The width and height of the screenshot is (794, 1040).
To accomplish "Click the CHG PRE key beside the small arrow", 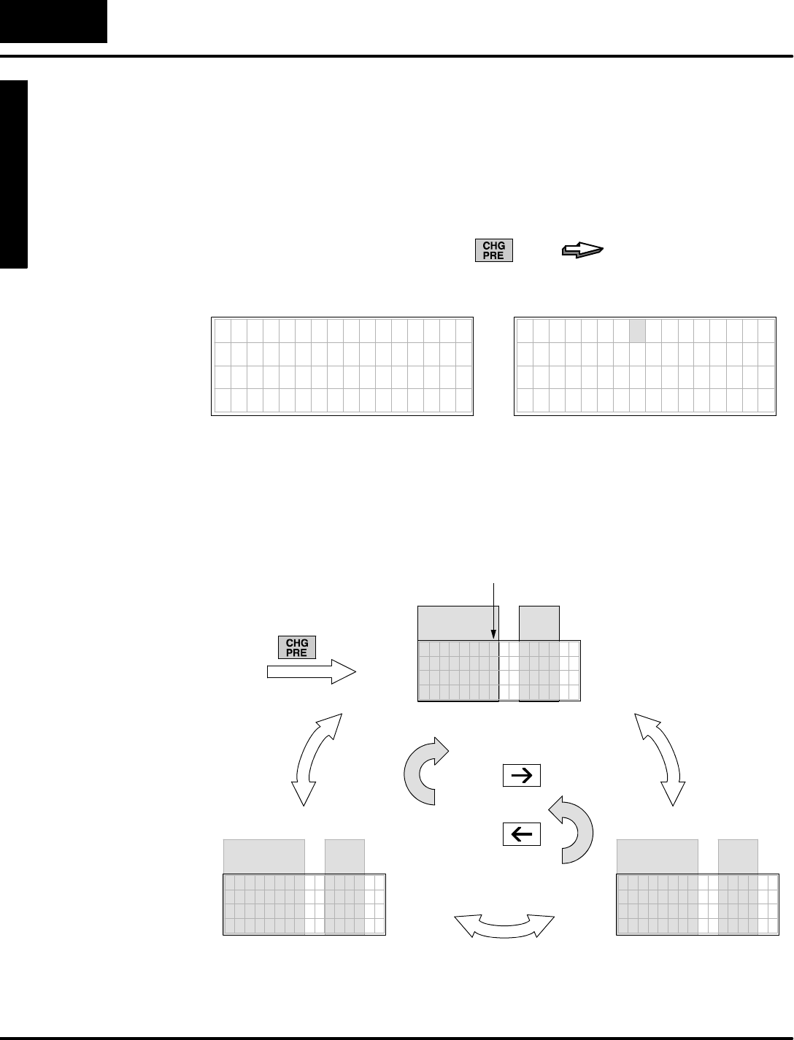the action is pos(494,250).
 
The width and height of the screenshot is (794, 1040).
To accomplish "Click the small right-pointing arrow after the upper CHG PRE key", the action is pos(583,251).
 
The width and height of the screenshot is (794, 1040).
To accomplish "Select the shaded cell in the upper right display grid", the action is pos(637,331).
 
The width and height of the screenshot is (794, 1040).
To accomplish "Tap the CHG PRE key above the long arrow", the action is pos(297,647).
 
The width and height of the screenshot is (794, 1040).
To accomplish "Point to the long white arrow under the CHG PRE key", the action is pos(311,672).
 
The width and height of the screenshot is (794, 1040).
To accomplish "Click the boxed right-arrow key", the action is pos(522,776).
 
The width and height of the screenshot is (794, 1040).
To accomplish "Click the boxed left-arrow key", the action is pos(522,833).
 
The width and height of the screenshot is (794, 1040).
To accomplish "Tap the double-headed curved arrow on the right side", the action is pos(660,759).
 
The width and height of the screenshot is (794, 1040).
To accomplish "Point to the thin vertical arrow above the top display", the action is pos(495,613).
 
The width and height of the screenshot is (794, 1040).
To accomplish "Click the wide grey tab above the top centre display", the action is pos(458,623).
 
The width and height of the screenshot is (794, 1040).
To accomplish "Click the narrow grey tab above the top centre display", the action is pos(539,623).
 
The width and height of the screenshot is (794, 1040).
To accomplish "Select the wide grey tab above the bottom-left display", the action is pos(263,856).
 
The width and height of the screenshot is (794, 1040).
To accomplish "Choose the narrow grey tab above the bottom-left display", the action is pos(344,856).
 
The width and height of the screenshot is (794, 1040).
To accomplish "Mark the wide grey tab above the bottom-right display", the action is pos(658,856).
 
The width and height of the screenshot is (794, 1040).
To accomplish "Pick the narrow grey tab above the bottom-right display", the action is pos(738,856).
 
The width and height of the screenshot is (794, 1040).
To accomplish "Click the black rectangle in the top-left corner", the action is pos(53,21).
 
